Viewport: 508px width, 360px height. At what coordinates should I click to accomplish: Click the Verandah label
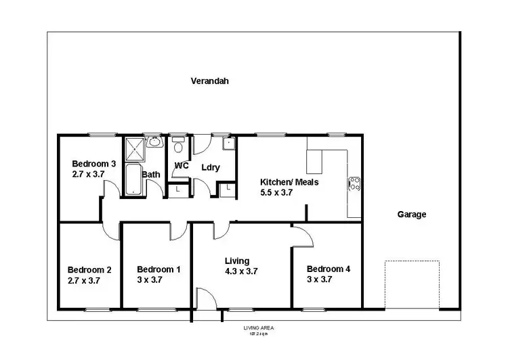pyautogui.click(x=209, y=81)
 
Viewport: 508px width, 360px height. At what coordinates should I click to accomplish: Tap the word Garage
pyautogui.click(x=411, y=215)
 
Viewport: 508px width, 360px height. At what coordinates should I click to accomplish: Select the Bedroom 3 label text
pyautogui.click(x=94, y=164)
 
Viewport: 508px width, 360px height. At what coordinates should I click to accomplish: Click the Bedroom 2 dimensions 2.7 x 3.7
pyautogui.click(x=84, y=279)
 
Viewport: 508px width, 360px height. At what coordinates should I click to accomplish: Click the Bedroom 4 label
pyautogui.click(x=328, y=269)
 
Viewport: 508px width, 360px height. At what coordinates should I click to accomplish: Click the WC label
pyautogui.click(x=181, y=166)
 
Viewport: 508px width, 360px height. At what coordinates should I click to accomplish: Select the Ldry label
pyautogui.click(x=210, y=167)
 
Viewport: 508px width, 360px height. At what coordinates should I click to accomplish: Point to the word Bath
pyautogui.click(x=151, y=175)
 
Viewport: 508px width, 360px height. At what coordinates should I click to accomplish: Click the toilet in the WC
pyautogui.click(x=178, y=145)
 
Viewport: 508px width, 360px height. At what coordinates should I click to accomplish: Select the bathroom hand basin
pyautogui.click(x=154, y=142)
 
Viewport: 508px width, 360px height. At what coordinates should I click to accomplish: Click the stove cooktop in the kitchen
pyautogui.click(x=354, y=184)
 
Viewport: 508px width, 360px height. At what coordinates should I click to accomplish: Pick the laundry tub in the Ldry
pyautogui.click(x=229, y=143)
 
